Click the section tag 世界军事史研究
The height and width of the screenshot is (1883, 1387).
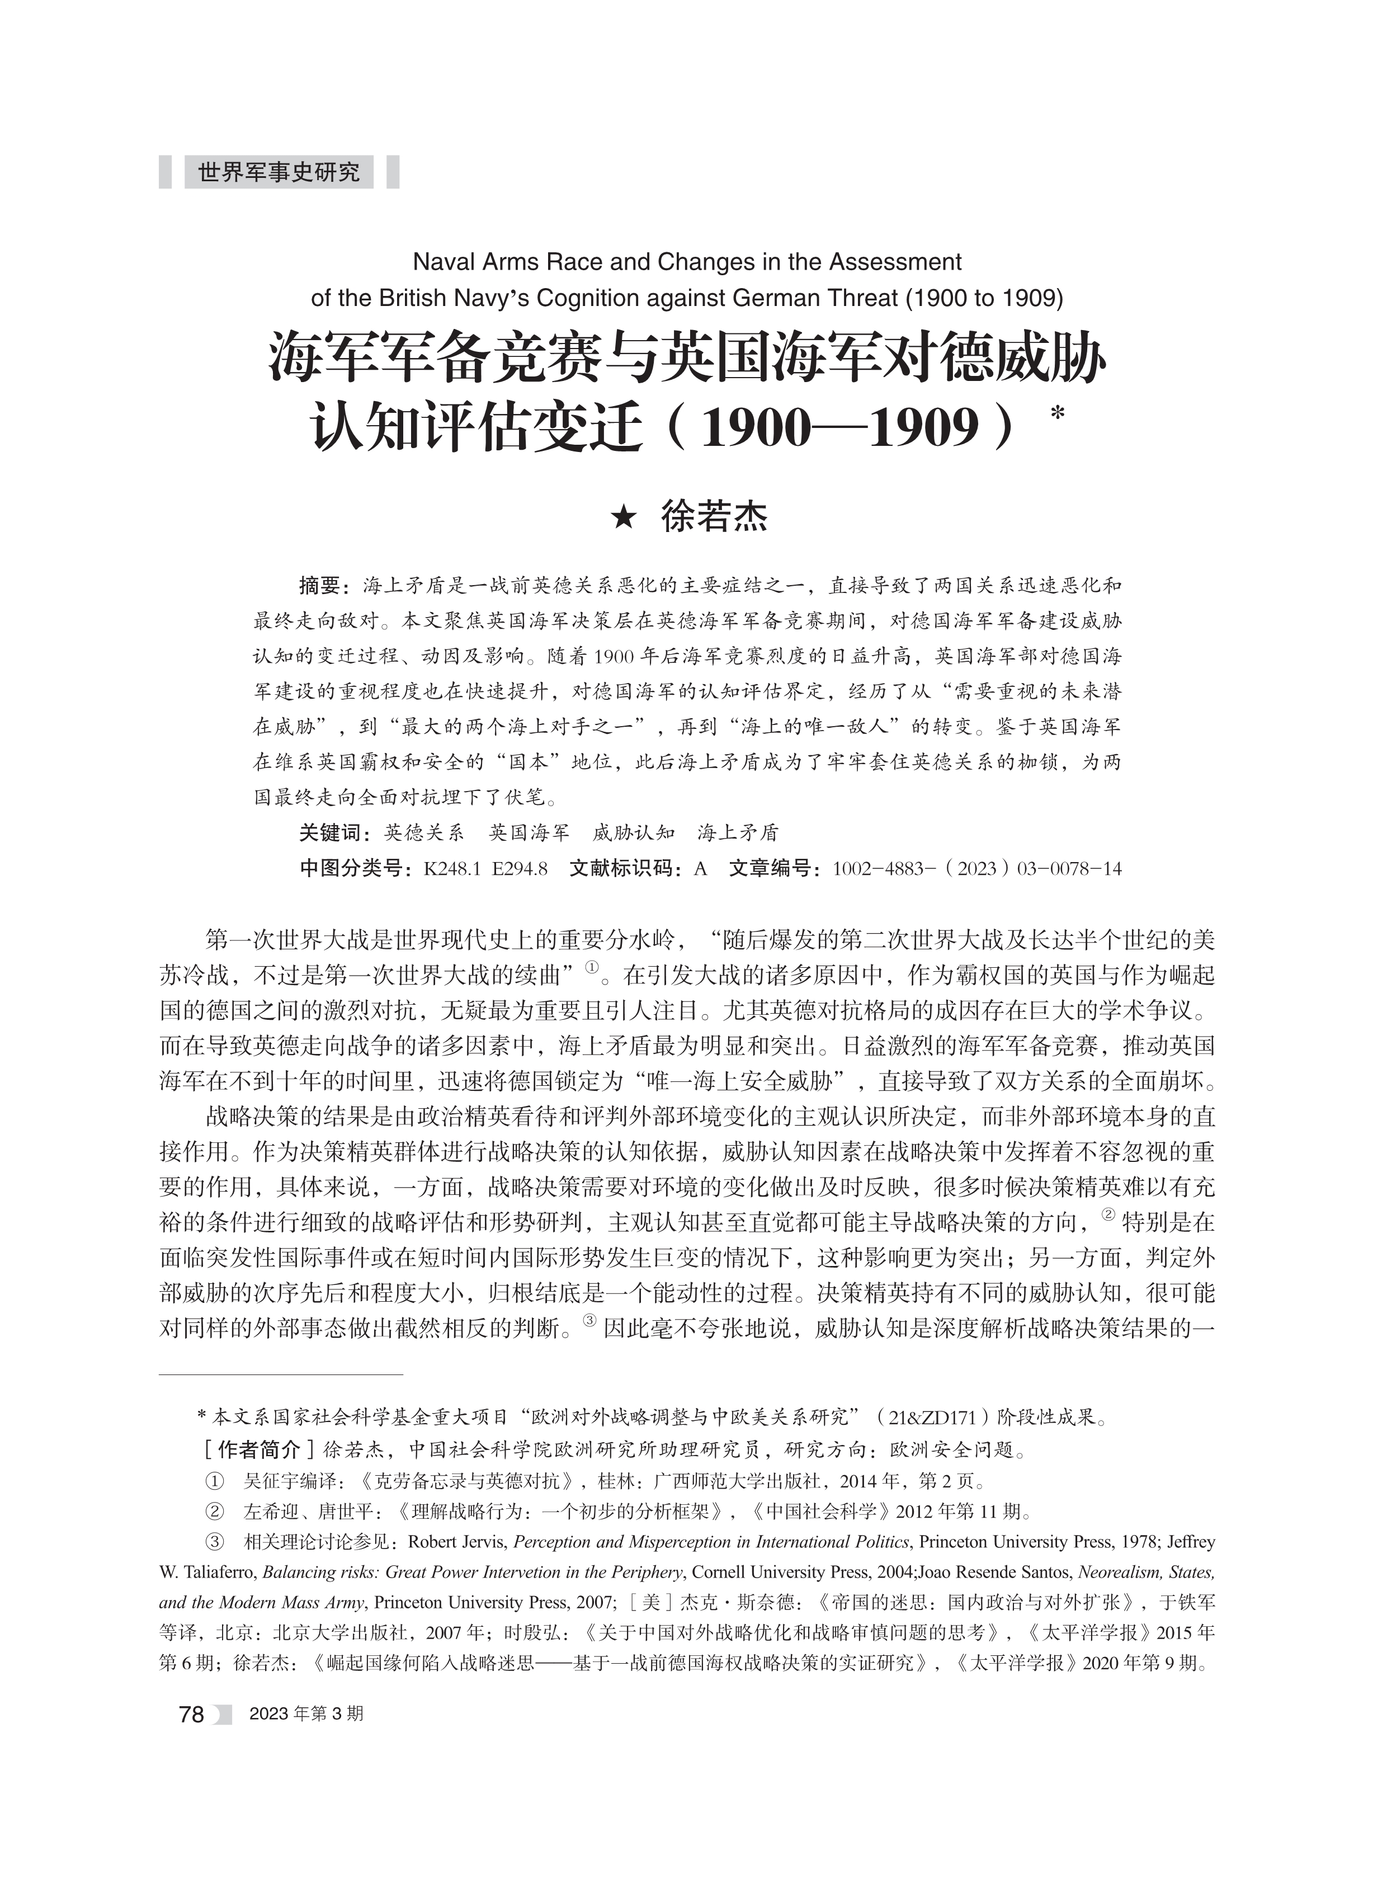(x=278, y=172)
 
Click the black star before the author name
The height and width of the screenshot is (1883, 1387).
(x=623, y=518)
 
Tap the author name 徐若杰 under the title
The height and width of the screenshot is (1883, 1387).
(x=715, y=517)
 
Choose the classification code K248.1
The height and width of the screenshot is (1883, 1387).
(x=452, y=868)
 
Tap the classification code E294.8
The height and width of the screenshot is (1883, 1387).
(x=520, y=868)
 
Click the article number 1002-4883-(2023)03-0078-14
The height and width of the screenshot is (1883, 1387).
(x=976, y=868)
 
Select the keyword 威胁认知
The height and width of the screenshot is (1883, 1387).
(x=633, y=832)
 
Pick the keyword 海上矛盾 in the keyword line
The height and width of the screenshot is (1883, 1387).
(x=738, y=832)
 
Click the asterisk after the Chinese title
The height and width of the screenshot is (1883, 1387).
(x=1057, y=415)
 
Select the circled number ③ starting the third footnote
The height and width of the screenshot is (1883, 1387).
(x=214, y=1542)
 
